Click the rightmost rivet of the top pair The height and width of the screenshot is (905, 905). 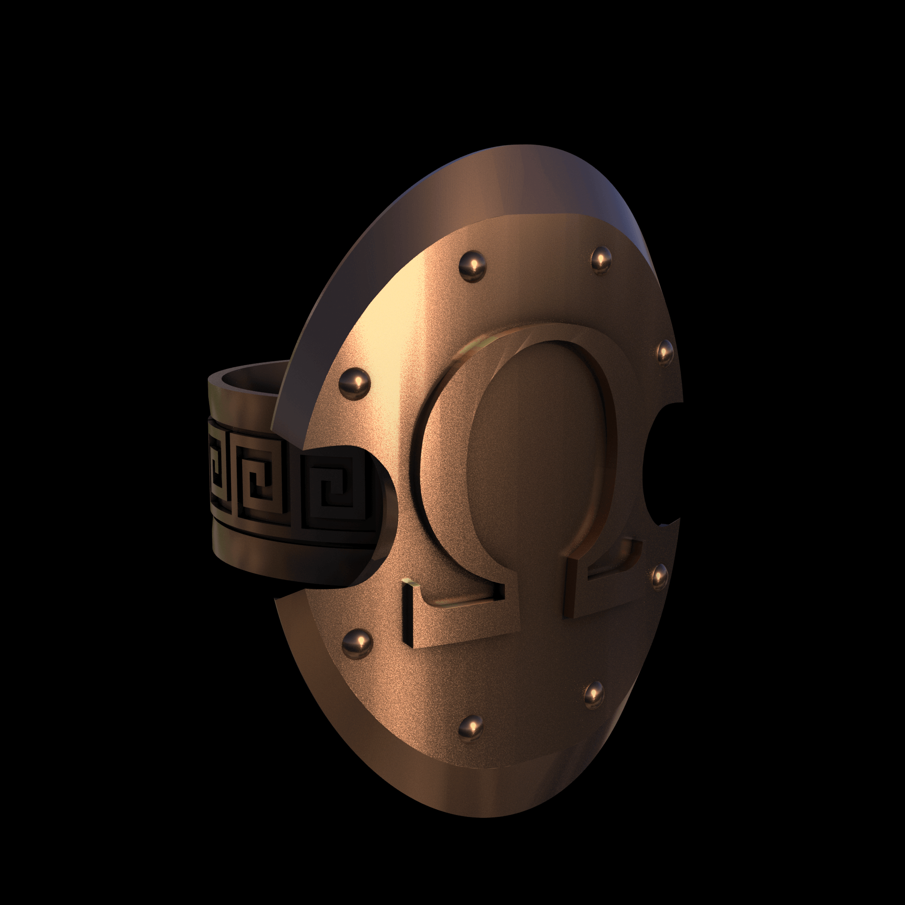[601, 258]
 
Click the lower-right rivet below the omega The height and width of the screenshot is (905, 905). [595, 693]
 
